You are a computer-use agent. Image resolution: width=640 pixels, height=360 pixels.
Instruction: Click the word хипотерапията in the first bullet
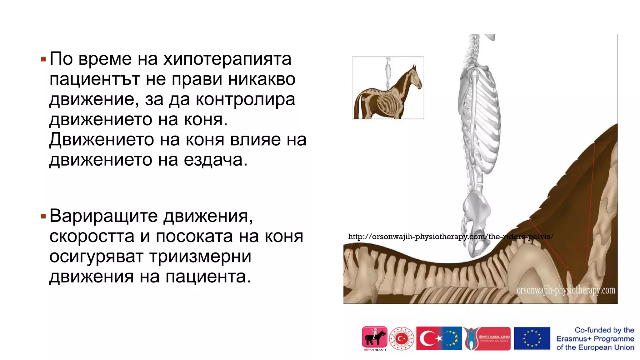227,59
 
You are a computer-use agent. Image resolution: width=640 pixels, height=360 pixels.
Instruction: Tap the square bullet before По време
43,59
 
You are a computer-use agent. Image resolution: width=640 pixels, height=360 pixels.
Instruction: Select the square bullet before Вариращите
43,216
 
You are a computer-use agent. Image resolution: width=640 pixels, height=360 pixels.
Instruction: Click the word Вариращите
103,216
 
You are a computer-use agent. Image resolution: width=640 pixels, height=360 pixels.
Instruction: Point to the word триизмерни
200,257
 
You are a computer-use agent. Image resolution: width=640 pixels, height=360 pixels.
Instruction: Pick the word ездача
215,160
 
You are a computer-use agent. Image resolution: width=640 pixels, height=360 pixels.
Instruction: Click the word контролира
245,100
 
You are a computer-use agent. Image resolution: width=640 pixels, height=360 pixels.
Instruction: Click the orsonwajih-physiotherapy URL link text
450,237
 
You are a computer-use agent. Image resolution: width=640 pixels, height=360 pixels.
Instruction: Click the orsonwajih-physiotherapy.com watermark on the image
566,290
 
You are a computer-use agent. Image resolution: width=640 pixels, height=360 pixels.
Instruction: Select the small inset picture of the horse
388,88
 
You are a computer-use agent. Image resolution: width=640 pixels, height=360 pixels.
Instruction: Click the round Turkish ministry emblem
402,338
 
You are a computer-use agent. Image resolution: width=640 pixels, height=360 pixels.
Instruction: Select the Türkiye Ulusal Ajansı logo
487,338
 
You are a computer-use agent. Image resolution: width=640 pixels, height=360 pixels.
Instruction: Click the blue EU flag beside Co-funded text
532,338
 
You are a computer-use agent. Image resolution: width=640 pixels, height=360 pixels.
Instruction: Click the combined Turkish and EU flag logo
439,338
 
